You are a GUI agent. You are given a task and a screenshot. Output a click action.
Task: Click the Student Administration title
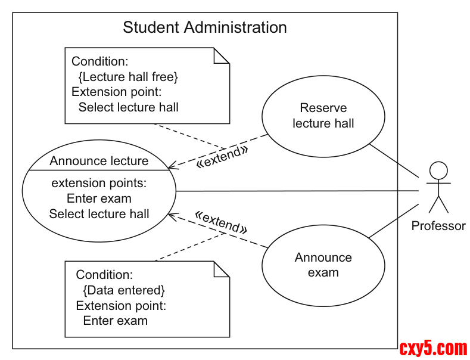point(204,27)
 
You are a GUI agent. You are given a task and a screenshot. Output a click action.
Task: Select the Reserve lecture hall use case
point(323,116)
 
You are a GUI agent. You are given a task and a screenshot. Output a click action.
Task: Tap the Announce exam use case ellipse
point(323,265)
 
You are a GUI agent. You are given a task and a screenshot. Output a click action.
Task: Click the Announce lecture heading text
point(99,161)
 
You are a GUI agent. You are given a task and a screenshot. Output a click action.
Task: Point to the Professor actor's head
point(438,170)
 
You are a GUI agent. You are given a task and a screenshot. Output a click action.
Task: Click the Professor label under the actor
point(438,226)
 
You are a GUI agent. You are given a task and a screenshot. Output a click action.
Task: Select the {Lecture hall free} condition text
point(128,77)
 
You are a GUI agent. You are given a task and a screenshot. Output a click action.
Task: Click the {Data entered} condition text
point(123,290)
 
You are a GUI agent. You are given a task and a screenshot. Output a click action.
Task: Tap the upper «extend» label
point(221,156)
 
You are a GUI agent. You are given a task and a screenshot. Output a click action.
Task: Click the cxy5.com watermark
point(433,348)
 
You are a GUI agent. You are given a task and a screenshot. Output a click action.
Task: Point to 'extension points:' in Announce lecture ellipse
point(99,182)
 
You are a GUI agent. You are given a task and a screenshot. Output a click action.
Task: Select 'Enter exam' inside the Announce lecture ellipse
point(99,198)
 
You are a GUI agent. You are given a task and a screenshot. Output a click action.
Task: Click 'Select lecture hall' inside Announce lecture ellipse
point(99,213)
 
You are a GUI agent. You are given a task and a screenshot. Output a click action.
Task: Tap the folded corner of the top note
point(222,55)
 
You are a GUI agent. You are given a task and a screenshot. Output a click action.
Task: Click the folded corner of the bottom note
point(222,269)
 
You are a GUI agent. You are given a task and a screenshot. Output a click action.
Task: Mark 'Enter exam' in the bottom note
point(115,321)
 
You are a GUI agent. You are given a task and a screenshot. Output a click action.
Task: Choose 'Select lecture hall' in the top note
point(128,107)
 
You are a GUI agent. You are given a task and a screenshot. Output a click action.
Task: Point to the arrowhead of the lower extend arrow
point(170,215)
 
